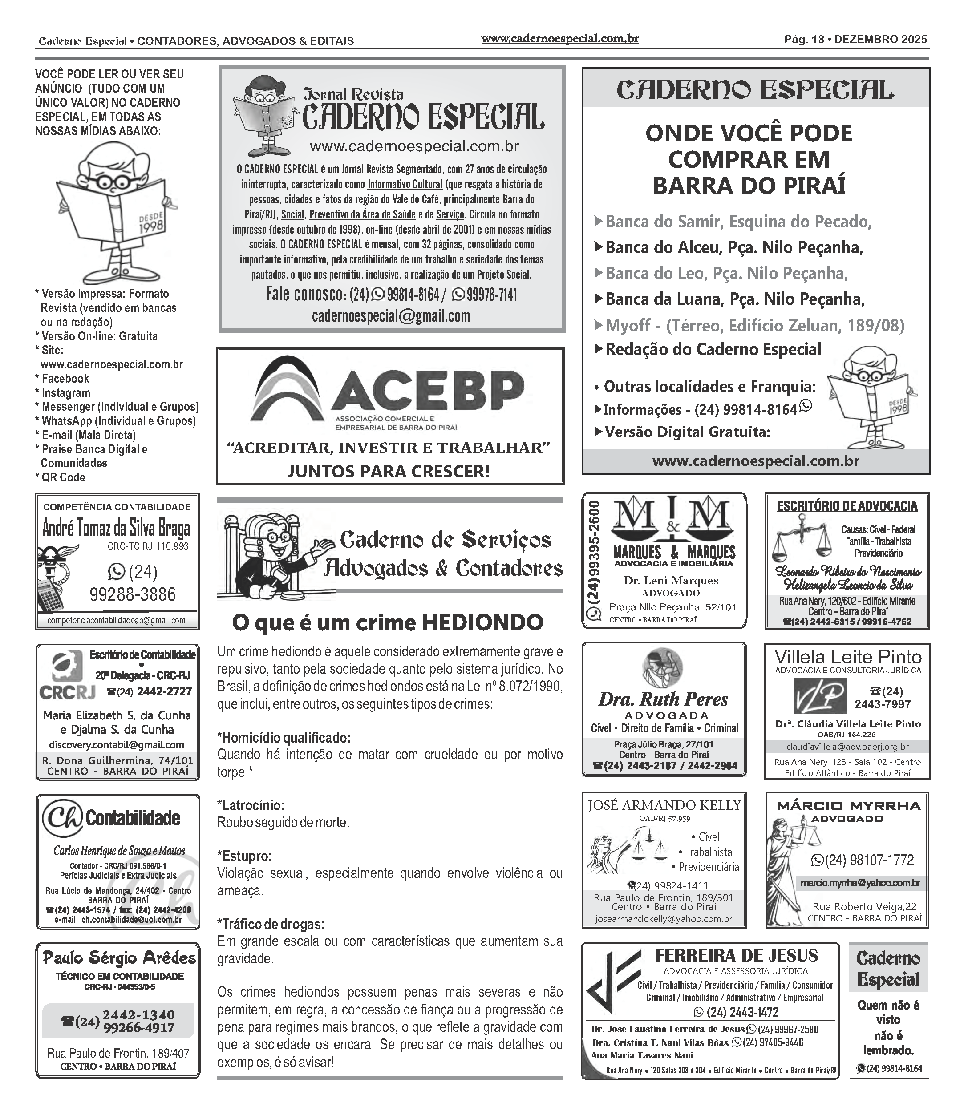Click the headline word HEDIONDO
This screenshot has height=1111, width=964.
coord(482,623)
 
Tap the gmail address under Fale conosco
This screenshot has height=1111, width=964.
coord(391,315)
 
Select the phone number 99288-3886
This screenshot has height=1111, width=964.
coord(133,594)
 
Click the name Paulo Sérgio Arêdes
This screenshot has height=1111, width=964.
coord(119,958)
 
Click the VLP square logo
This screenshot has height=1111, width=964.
coord(819,696)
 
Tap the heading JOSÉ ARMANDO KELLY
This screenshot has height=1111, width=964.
coord(664,805)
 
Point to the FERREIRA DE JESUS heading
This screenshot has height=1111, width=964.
coord(736,956)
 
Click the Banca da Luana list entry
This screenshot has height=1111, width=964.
coord(734,299)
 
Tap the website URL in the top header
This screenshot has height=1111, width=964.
coord(559,39)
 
